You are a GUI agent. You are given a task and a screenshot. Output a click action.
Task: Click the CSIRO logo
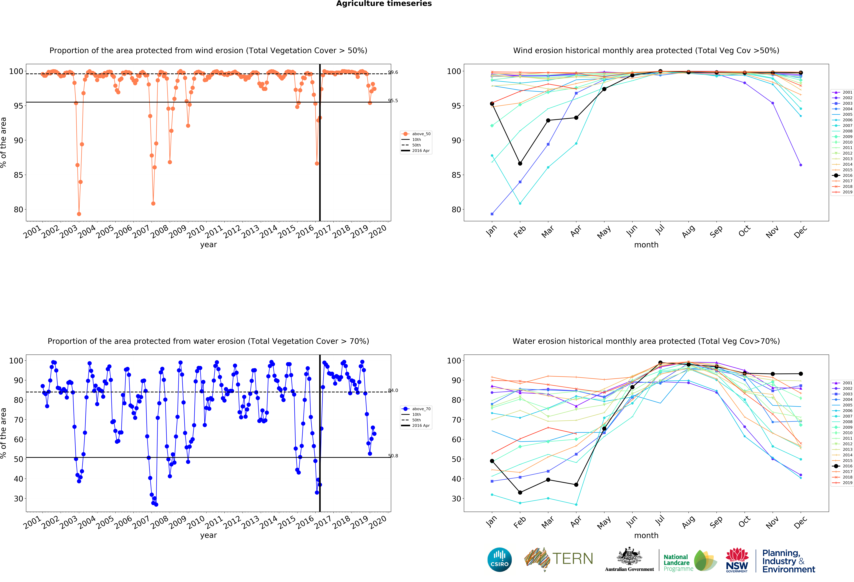coord(499,560)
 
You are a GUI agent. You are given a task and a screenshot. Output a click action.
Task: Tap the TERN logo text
coord(573,559)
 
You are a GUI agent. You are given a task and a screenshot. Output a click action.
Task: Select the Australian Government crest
coord(629,557)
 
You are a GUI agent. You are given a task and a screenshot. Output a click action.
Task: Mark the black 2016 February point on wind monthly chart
coord(520,163)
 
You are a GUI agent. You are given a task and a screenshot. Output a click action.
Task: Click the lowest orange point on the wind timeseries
coord(79,214)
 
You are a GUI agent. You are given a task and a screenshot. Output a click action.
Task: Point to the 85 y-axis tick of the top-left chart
coord(18,175)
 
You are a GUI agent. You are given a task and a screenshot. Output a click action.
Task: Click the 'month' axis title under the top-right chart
coord(646,245)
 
